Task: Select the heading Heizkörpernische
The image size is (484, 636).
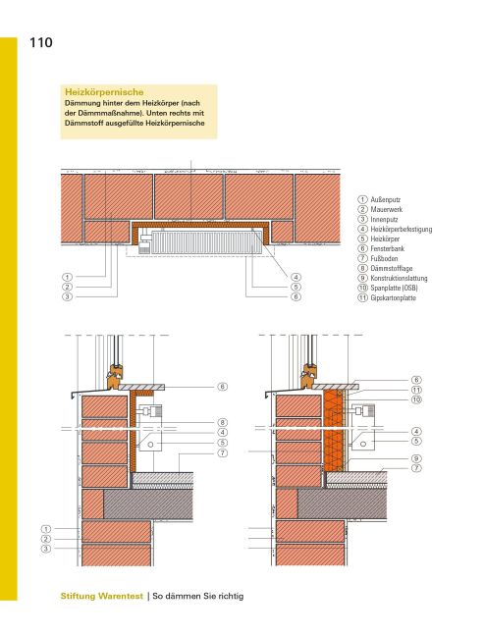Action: (98, 91)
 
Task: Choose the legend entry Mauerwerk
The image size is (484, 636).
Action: (391, 210)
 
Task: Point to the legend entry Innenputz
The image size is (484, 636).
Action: (389, 220)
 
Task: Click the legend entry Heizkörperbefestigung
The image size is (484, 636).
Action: (402, 230)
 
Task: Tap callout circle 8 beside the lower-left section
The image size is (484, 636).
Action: (223, 422)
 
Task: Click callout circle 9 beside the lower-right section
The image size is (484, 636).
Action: (416, 458)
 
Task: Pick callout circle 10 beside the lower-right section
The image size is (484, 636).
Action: (416, 400)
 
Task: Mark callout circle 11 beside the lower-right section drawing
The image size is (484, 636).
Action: (416, 390)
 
